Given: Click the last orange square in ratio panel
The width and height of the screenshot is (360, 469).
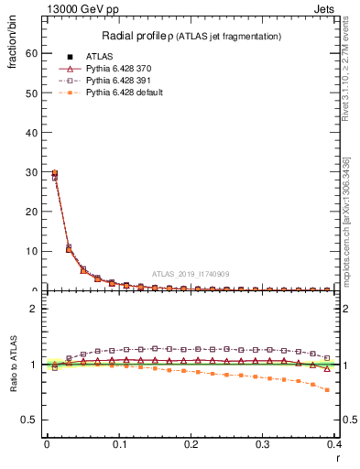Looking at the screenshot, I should (x=327, y=390).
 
